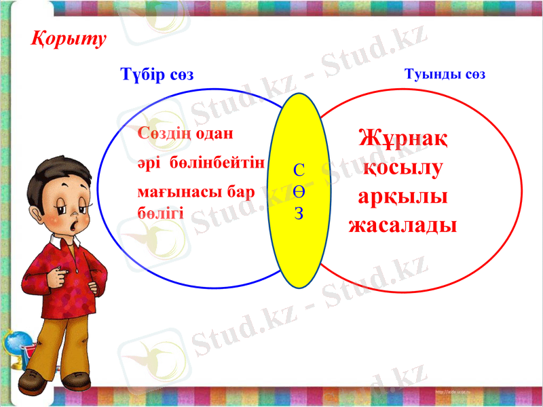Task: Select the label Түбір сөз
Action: pos(156,75)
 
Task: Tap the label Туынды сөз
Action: pos(445,75)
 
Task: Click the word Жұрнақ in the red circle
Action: pos(402,139)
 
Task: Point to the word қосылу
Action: pos(402,168)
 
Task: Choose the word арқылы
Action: pos(402,196)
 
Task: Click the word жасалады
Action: pos(402,225)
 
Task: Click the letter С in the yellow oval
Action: pos(299,170)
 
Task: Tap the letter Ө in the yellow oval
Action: pos(299,192)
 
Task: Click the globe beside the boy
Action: pos(15,346)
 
